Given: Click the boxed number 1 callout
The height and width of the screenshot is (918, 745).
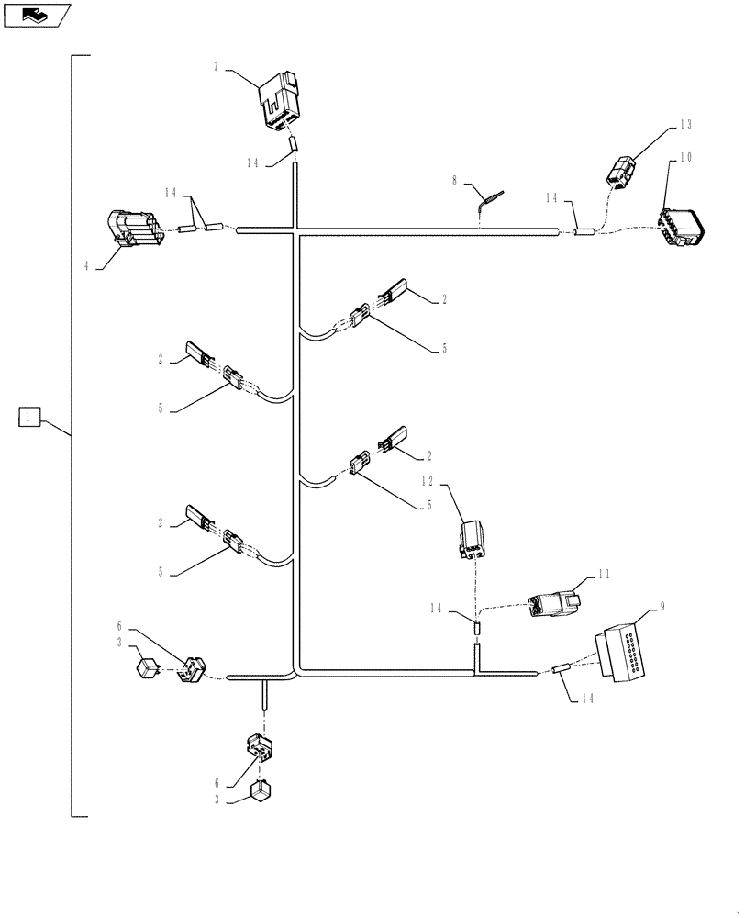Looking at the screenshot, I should [x=30, y=418].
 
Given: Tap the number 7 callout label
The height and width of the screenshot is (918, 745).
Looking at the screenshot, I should [x=216, y=67].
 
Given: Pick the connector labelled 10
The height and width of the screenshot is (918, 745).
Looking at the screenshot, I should [x=681, y=227].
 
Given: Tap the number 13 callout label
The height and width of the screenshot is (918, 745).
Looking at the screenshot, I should [x=685, y=125].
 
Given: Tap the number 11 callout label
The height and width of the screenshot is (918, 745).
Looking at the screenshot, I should [x=603, y=574].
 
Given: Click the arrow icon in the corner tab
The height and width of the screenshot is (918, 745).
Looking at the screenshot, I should [x=35, y=13].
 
